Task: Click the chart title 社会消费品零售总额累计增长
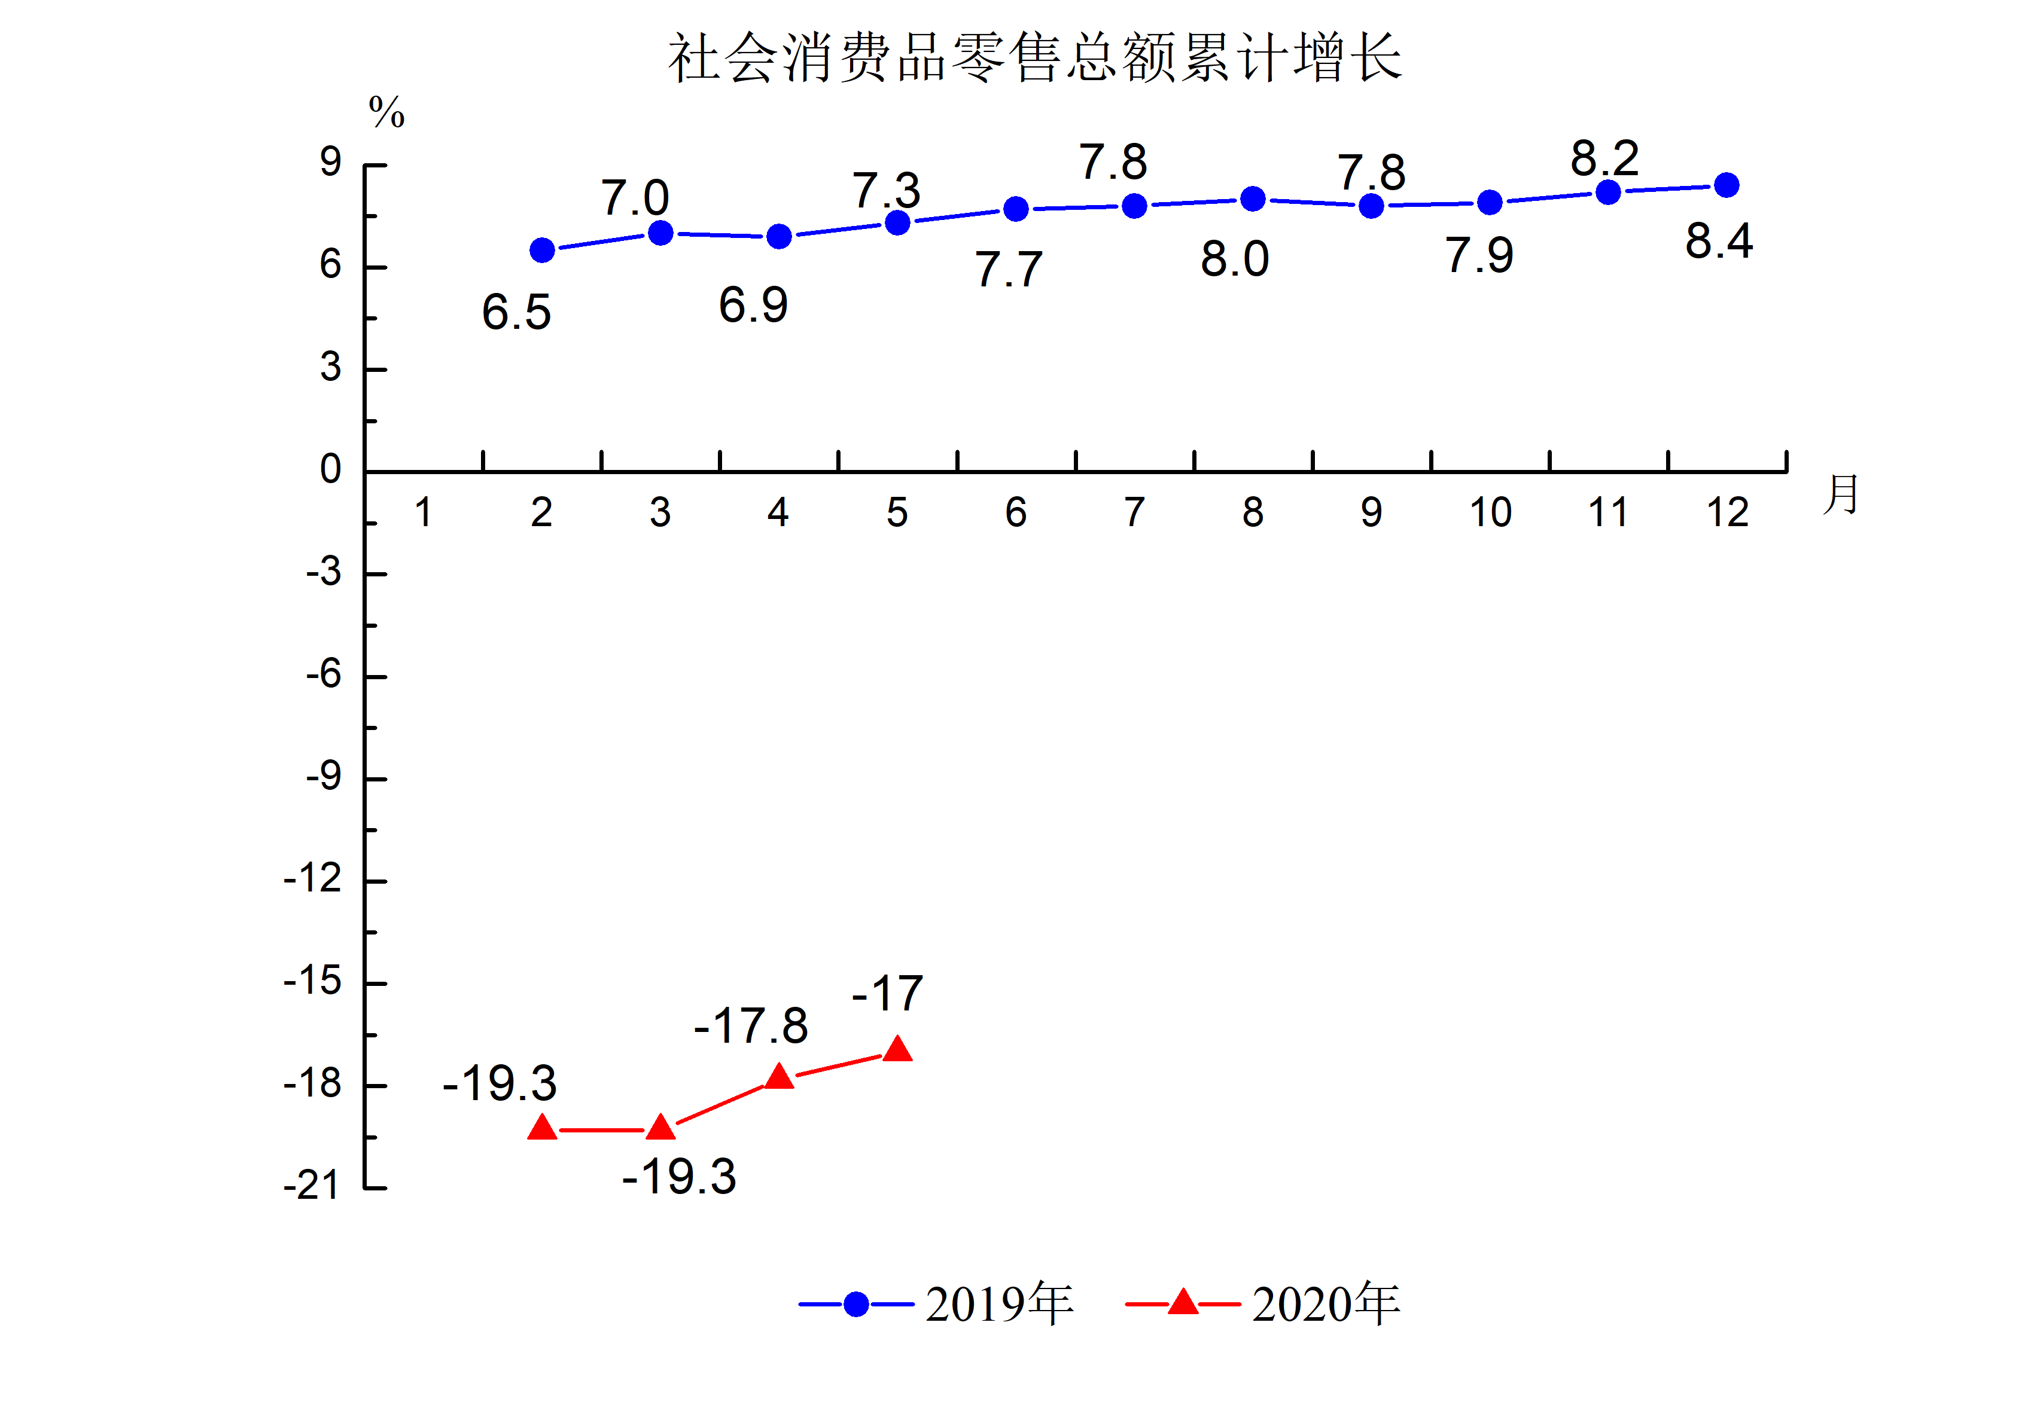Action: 1034,59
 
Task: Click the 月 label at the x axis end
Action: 1841,494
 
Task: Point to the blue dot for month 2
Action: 542,250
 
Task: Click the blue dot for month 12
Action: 1727,185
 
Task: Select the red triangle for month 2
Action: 542,1128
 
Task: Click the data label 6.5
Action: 516,312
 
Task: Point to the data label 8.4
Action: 1719,241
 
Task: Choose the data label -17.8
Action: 751,1025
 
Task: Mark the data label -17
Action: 887,993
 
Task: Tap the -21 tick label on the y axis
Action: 312,1186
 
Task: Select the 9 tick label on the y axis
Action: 330,162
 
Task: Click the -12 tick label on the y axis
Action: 312,879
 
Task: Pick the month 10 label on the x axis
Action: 1490,512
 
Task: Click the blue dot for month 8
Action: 1253,199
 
